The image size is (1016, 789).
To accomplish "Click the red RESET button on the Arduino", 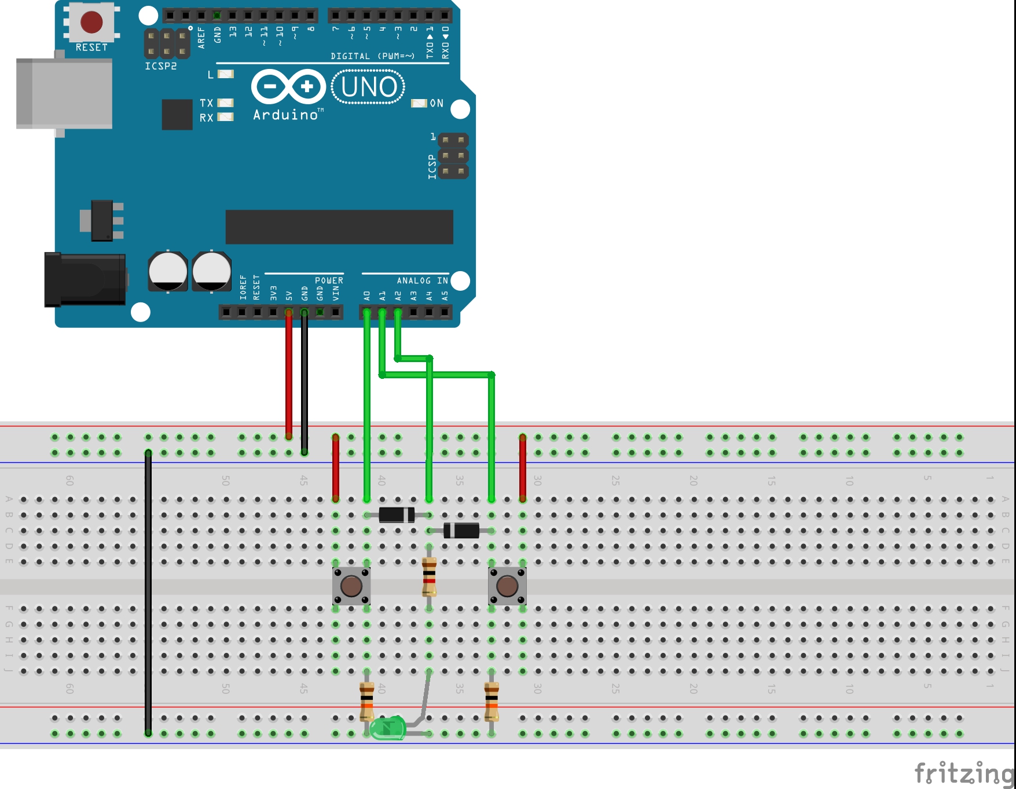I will coord(91,22).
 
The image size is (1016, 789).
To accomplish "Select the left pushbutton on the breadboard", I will coord(351,586).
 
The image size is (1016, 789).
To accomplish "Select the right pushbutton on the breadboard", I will coord(507,586).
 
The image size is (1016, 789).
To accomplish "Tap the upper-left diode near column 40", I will coord(397,514).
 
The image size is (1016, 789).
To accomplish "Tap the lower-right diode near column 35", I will coord(461,530).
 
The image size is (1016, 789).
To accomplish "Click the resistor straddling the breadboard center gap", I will coord(429,576).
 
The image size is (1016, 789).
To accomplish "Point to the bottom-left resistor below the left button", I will coord(366,700).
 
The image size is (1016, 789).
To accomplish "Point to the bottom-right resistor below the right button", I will coord(492,700).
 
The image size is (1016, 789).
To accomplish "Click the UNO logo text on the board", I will coord(368,87).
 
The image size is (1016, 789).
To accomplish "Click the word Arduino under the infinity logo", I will coord(286,115).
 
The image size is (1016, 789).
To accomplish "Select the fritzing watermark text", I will coord(963,773).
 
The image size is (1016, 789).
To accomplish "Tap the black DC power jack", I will coord(85,280).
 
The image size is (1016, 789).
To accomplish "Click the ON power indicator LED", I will coord(419,103).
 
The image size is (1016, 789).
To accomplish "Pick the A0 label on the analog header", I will coord(366,295).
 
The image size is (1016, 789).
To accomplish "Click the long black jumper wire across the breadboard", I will coord(148,591).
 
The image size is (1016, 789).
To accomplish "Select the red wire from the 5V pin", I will coord(289,377).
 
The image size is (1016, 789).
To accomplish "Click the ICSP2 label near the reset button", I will coord(161,66).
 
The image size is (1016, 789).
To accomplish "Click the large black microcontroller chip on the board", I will coord(339,227).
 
